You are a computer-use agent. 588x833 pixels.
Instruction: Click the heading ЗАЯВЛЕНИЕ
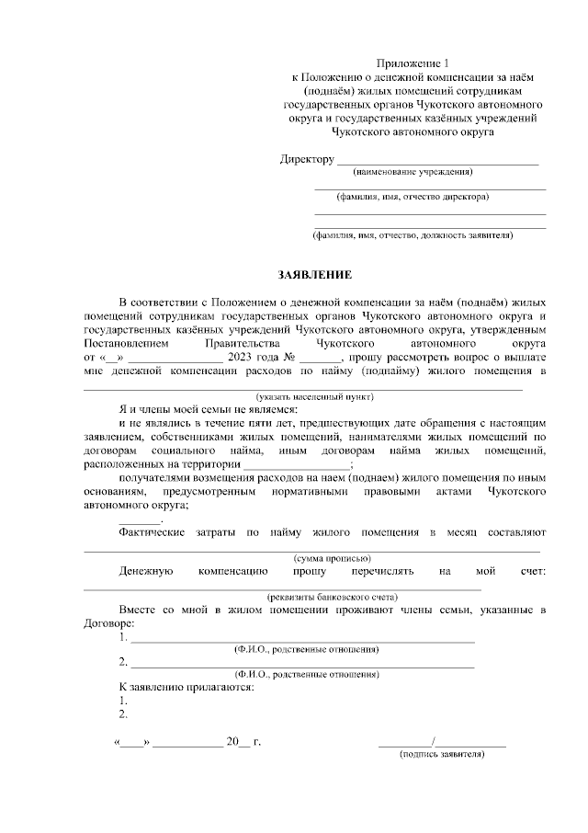[x=315, y=275]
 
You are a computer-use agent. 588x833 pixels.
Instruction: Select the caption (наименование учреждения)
[x=412, y=171]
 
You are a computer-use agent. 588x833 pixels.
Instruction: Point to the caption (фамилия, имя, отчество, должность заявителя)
[x=413, y=235]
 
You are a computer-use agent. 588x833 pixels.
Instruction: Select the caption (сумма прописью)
[x=332, y=558]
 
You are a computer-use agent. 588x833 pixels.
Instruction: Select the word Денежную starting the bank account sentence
[x=146, y=571]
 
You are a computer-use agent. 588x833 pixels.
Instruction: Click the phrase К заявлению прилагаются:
[x=187, y=687]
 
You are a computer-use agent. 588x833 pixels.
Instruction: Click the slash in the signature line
[x=432, y=740]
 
